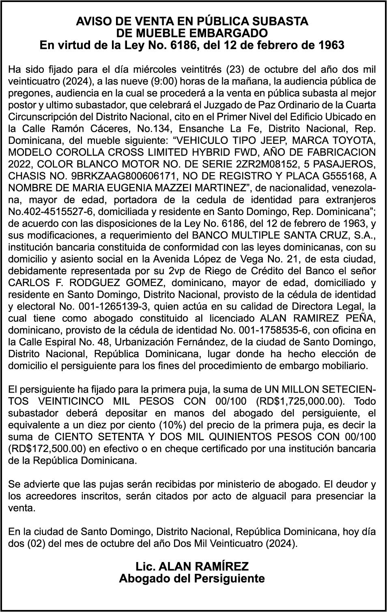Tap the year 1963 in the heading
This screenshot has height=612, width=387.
(330, 45)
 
